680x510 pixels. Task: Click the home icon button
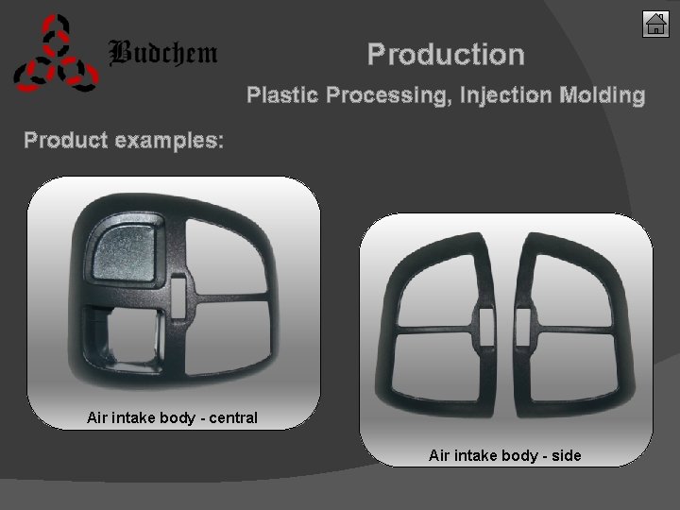(655, 24)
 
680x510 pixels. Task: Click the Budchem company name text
(163, 53)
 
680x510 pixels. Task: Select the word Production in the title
(446, 55)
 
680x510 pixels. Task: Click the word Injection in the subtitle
(506, 95)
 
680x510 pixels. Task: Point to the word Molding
(603, 95)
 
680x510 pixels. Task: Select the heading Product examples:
(124, 141)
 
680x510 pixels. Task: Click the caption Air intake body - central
(172, 416)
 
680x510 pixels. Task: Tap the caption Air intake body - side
(504, 456)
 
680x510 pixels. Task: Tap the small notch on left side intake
(483, 321)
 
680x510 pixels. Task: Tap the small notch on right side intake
(529, 321)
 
